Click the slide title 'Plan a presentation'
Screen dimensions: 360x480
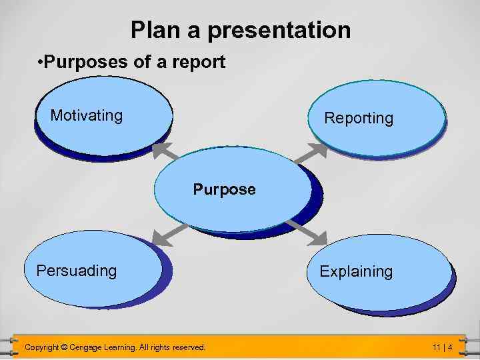[240, 30]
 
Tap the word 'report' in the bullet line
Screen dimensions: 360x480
[197, 63]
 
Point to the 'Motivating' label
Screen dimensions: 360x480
[87, 115]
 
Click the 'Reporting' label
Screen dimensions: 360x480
[359, 118]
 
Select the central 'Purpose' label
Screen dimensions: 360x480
[224, 189]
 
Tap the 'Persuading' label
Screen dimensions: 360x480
[77, 271]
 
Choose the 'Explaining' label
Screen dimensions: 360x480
[356, 271]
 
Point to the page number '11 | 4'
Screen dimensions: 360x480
[442, 347]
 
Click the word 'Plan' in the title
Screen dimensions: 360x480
[153, 30]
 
